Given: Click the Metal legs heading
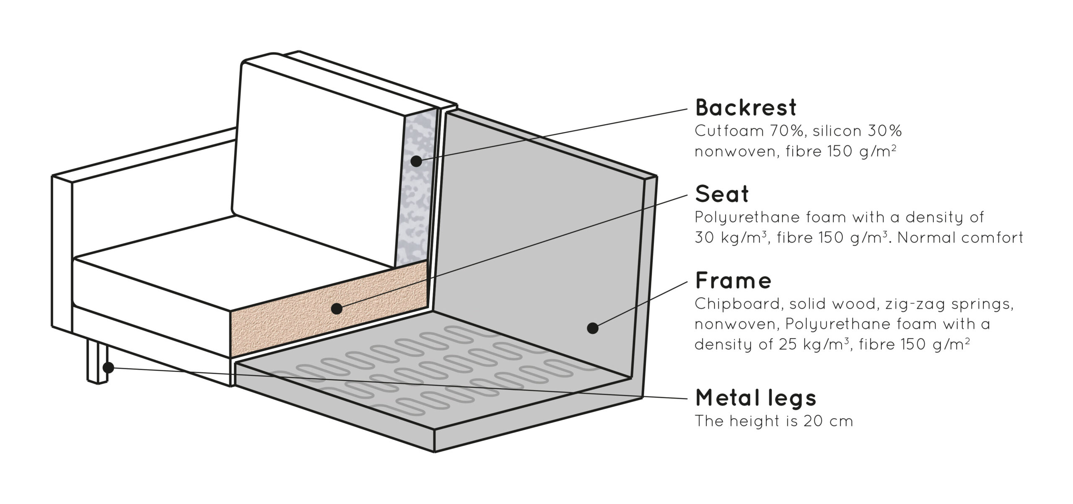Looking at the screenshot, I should [756, 398].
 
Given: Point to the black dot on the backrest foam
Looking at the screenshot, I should [416, 161].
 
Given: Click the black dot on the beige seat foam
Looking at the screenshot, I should [336, 309].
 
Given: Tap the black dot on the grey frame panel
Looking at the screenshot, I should [592, 328].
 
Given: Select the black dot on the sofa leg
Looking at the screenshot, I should [108, 368].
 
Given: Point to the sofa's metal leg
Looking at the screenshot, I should [97, 362].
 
